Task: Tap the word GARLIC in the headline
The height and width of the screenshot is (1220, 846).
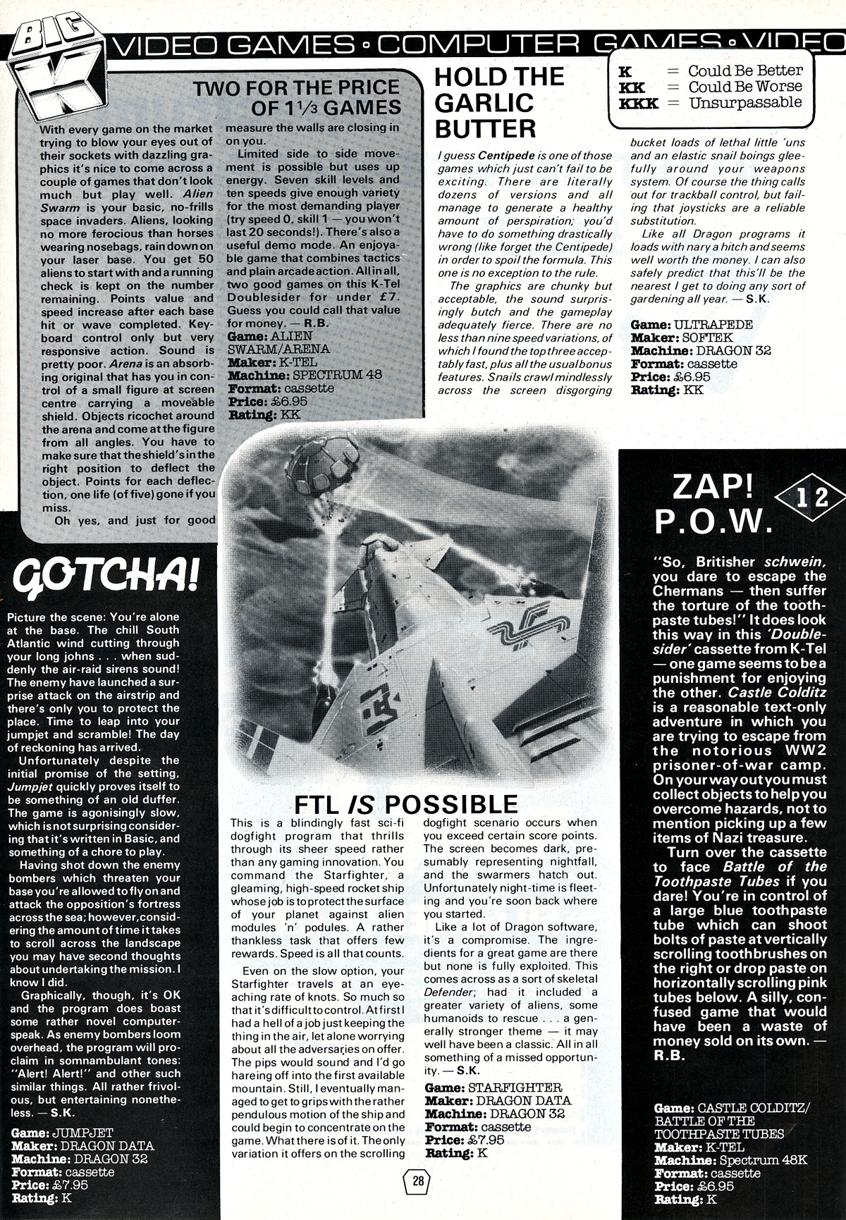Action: point(484,103)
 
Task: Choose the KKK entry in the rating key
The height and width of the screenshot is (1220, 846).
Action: point(638,103)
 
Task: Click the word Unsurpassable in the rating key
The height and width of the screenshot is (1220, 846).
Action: point(745,103)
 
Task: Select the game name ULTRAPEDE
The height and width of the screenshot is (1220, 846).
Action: point(712,325)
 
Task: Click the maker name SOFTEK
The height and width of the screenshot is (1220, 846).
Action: point(705,338)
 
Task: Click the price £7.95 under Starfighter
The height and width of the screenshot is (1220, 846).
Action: point(486,1140)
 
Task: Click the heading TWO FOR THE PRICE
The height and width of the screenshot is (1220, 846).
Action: point(296,88)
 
